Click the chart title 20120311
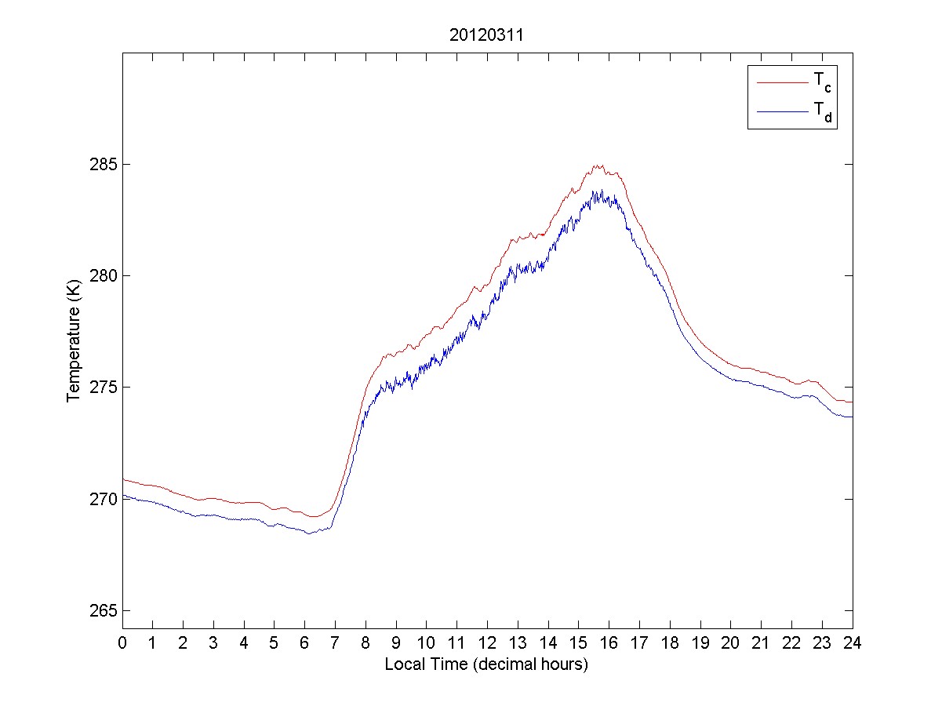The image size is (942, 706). click(486, 35)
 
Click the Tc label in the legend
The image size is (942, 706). click(819, 81)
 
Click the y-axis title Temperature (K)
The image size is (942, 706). click(74, 344)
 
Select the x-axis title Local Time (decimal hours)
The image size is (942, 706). click(486, 664)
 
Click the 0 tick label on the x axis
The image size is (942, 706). click(122, 643)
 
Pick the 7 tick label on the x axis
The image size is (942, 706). click(335, 643)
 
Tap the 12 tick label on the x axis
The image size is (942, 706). click(487, 643)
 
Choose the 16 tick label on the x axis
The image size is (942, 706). click(609, 643)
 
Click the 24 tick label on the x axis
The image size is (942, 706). click(853, 643)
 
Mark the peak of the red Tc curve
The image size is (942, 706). click(597, 166)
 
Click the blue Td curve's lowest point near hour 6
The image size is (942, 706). click(309, 533)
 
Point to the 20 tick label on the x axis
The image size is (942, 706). click(730, 643)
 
